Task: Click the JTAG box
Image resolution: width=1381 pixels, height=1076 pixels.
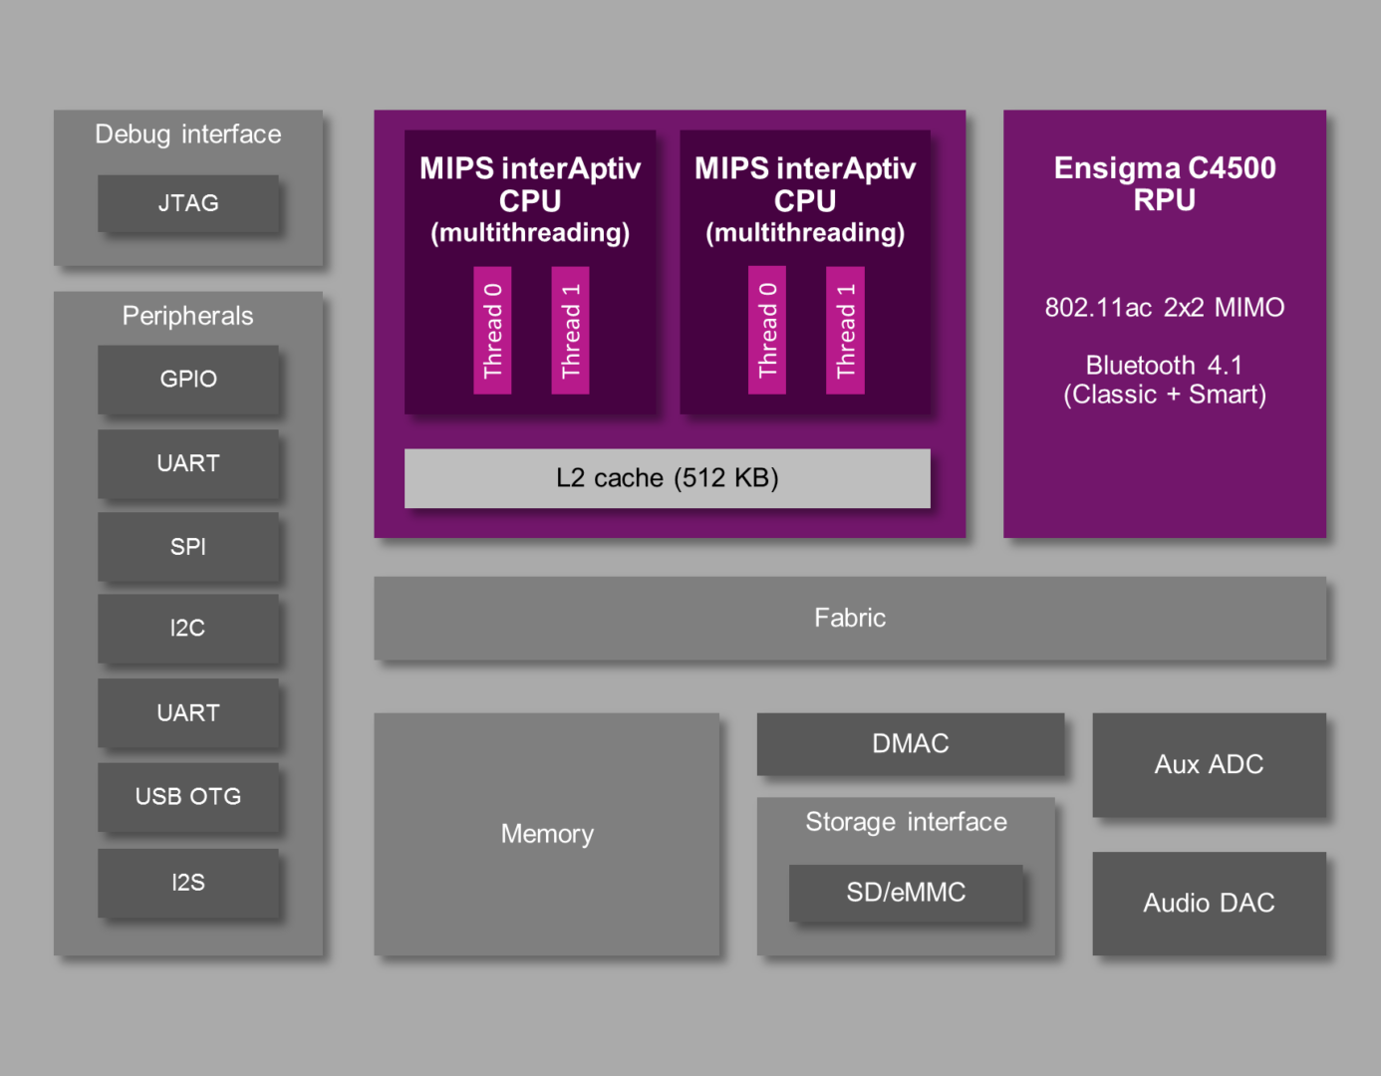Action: (188, 203)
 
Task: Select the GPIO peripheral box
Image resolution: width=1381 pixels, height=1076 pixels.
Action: (188, 379)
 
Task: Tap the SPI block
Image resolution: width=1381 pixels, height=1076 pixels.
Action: (188, 546)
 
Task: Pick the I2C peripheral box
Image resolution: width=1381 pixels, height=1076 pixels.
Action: (188, 628)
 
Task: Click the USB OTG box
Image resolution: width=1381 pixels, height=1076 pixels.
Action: (188, 796)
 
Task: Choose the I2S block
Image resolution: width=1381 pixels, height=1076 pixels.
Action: (188, 882)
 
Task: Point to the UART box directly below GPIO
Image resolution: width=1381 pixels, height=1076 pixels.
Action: (188, 463)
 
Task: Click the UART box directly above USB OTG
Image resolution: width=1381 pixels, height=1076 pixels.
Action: (188, 712)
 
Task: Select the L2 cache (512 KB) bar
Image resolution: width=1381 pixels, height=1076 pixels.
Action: (667, 478)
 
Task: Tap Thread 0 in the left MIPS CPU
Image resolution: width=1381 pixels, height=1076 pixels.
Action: (492, 330)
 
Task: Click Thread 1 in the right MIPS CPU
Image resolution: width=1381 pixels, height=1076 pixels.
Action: (845, 330)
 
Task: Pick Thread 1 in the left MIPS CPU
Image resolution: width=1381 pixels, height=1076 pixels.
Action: (570, 330)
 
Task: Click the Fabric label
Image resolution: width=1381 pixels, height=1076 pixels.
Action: (850, 618)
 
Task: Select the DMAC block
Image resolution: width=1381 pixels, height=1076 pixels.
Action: (910, 743)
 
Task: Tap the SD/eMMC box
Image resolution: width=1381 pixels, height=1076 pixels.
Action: (906, 892)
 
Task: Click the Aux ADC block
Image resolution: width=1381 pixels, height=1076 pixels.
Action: (1209, 764)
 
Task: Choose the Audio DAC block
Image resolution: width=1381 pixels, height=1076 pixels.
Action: (1209, 903)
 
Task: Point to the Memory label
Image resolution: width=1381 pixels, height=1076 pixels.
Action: (547, 834)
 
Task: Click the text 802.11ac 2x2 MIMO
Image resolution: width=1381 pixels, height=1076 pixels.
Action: (1164, 308)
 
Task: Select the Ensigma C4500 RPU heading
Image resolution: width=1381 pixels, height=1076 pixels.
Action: (1164, 183)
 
